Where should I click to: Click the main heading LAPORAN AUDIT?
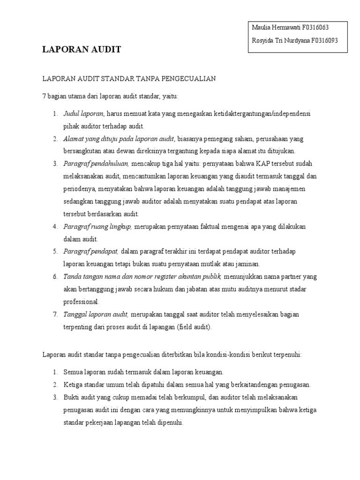[82, 49]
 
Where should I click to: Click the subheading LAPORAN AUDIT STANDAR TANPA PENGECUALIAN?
[129, 78]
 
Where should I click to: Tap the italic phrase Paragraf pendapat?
[91, 251]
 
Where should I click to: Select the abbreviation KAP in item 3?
[262, 164]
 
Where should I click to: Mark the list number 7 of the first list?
[55, 315]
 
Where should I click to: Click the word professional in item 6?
[81, 302]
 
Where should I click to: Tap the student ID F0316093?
[321, 40]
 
